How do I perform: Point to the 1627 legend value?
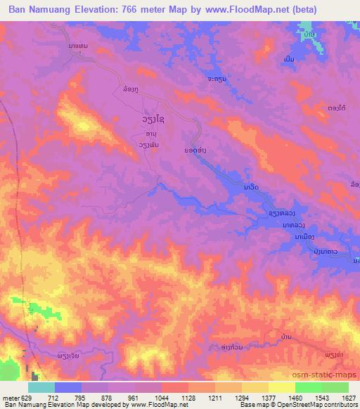point(348,397)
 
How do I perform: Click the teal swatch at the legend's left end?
point(41,387)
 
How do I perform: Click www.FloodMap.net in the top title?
point(238,10)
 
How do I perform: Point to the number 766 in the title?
point(129,10)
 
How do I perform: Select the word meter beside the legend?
point(11,397)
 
